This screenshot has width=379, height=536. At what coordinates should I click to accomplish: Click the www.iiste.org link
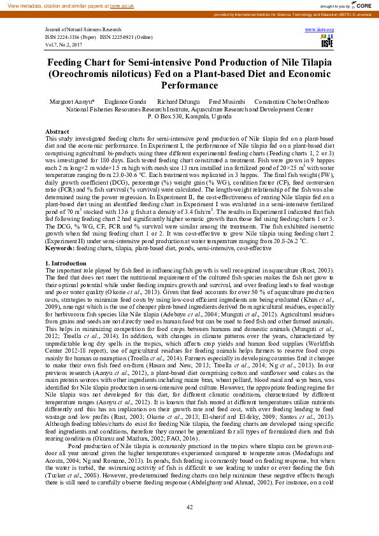point(319,30)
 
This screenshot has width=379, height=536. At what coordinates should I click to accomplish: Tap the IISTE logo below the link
point(327,41)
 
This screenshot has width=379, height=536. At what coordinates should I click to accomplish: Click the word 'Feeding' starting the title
point(69,63)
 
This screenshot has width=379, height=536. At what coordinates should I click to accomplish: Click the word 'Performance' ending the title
point(189,85)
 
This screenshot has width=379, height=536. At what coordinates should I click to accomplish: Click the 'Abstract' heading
point(57,130)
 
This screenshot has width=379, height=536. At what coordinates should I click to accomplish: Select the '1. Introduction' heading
point(66,262)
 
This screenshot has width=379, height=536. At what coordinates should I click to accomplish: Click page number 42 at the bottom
point(189,507)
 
